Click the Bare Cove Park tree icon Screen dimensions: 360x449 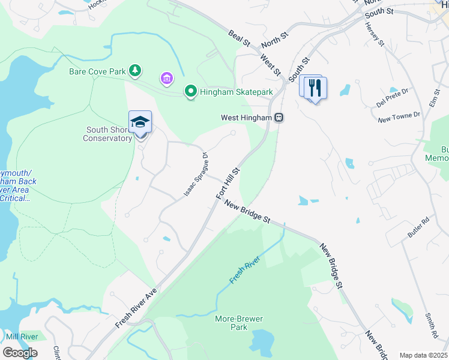click(136, 71)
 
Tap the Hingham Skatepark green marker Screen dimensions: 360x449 click(191, 92)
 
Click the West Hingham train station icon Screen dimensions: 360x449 click(279, 118)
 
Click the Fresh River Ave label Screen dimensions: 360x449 click(136, 307)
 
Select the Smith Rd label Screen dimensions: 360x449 click(430, 323)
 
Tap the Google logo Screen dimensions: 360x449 click(20, 353)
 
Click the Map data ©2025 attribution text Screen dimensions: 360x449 click(423, 355)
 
